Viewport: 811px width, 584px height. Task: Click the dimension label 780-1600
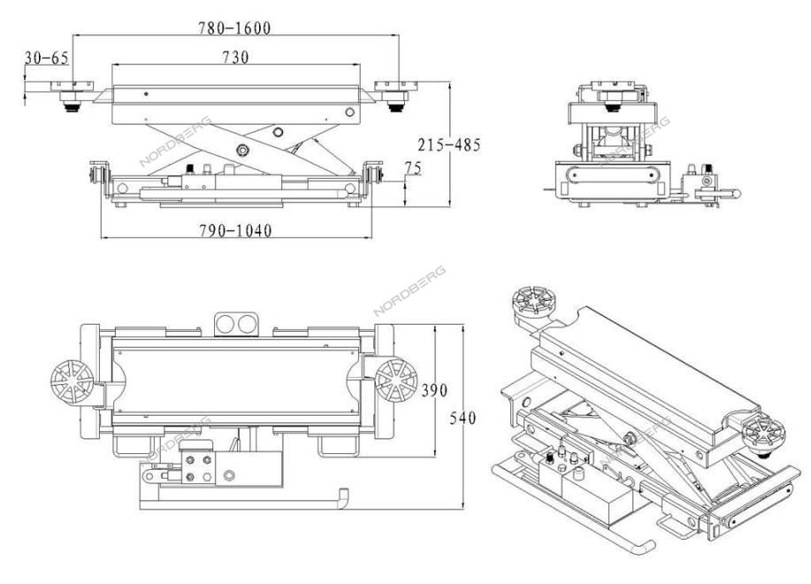pyautogui.click(x=234, y=28)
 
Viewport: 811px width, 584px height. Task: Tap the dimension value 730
pyautogui.click(x=235, y=57)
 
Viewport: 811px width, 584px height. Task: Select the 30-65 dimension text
pyautogui.click(x=47, y=58)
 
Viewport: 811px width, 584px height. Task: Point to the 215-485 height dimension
pyautogui.click(x=449, y=145)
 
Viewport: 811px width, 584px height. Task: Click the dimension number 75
pyautogui.click(x=413, y=168)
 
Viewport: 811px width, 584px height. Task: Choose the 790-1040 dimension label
pyautogui.click(x=235, y=230)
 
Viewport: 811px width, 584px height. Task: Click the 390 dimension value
pyautogui.click(x=434, y=390)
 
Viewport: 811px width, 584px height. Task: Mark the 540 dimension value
pyautogui.click(x=462, y=418)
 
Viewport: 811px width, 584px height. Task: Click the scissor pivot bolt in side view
pyautogui.click(x=242, y=150)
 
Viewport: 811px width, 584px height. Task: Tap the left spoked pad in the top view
pyautogui.click(x=72, y=381)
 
